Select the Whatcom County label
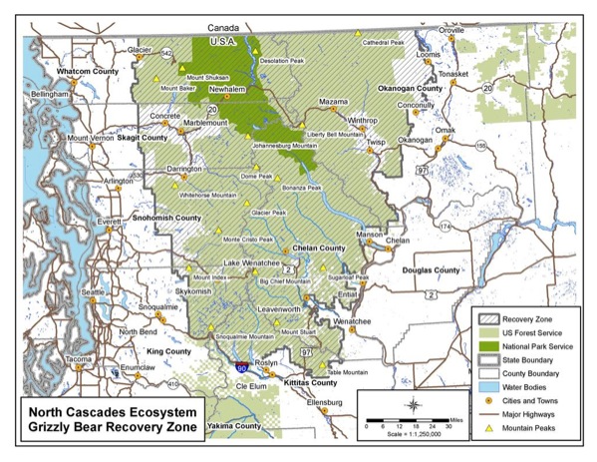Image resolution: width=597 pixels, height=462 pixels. pos(87,72)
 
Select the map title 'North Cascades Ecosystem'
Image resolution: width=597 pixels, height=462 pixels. pos(112,411)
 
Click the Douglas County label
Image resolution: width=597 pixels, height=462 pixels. pos(430,270)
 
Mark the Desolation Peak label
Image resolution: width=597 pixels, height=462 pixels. pos(281,61)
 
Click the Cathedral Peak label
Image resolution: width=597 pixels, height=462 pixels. pos(383,43)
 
